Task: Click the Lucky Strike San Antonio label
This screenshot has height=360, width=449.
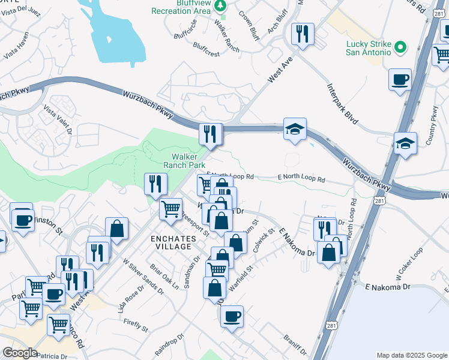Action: [x=369, y=47]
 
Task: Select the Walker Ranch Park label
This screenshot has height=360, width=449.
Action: [x=185, y=160]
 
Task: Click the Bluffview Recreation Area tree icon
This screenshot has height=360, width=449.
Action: [x=221, y=5]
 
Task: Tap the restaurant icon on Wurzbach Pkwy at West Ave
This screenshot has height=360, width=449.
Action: [x=211, y=134]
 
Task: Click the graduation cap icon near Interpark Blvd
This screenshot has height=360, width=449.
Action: [x=295, y=129]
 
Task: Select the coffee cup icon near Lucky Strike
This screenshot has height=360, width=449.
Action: [x=400, y=79]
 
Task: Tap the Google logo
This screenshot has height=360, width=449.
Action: [x=19, y=353]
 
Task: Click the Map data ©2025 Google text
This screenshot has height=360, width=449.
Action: [x=411, y=355]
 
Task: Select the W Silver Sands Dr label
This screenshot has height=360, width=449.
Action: [x=143, y=275]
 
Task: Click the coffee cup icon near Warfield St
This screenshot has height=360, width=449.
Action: [x=232, y=316]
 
